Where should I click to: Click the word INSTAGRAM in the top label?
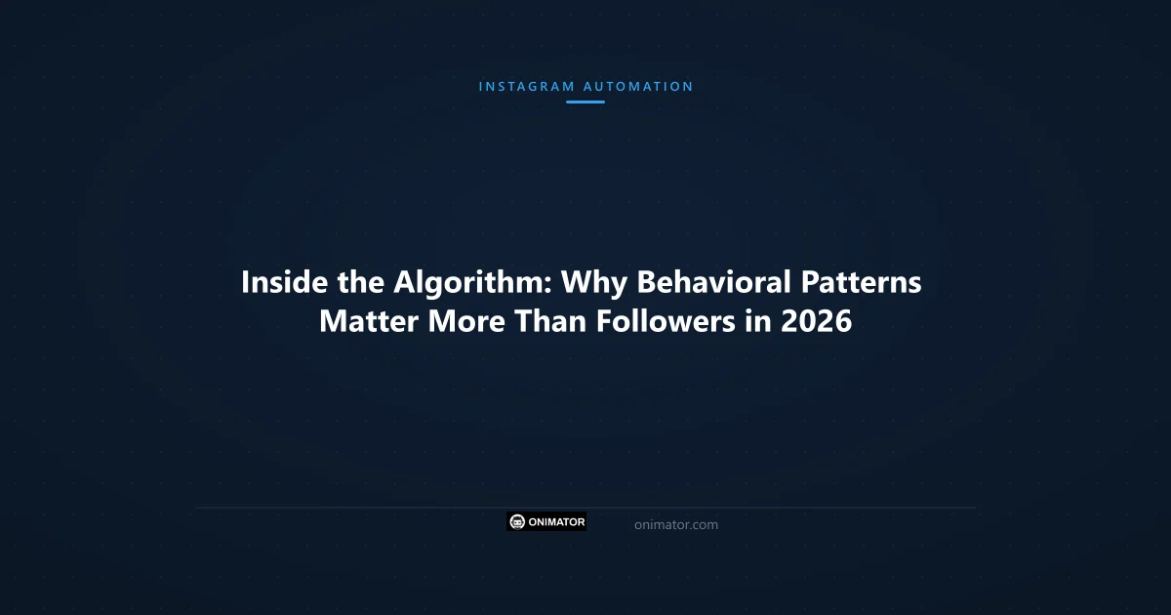[x=526, y=86]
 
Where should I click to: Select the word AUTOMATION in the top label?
[x=638, y=86]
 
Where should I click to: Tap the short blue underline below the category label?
[x=585, y=102]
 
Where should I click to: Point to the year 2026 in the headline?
[x=817, y=321]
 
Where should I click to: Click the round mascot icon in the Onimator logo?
[x=518, y=522]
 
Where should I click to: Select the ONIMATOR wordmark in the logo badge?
[x=557, y=522]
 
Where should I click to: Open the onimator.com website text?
[x=675, y=525]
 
